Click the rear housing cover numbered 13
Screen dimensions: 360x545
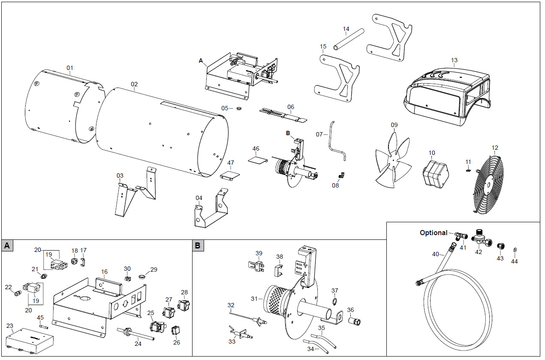coord(446,94)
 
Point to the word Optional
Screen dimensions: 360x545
coord(433,233)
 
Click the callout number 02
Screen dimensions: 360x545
coord(134,85)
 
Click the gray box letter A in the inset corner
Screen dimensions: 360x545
coord(7,245)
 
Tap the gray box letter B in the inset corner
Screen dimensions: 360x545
coord(198,245)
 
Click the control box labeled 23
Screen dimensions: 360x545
coord(30,342)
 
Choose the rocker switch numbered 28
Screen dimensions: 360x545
coord(184,306)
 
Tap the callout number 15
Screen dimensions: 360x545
coord(323,46)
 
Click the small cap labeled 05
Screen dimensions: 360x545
coord(239,108)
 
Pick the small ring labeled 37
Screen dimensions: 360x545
coord(335,300)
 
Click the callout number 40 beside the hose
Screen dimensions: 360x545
coord(436,254)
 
